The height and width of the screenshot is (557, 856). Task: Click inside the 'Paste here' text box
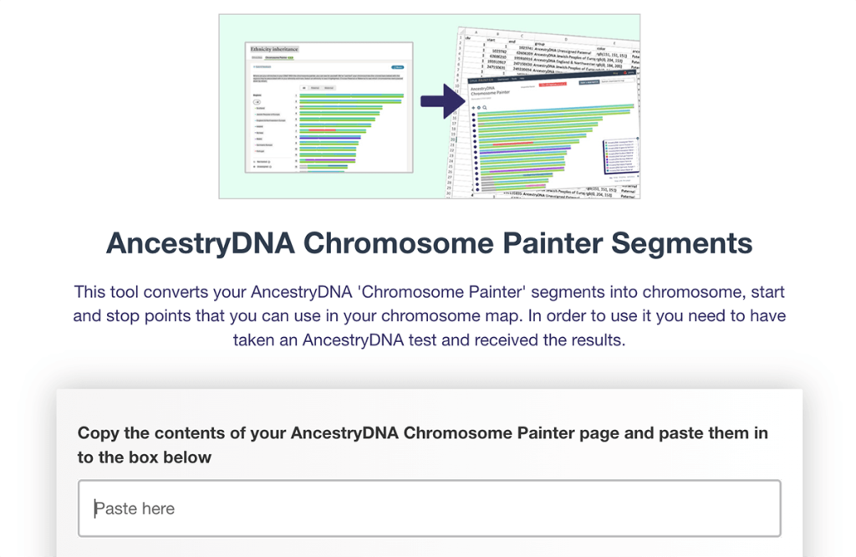(429, 508)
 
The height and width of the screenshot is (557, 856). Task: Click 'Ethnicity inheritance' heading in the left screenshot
(275, 49)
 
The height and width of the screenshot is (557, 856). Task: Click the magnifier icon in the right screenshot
(485, 108)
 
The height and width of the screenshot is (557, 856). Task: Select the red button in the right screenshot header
(554, 84)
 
